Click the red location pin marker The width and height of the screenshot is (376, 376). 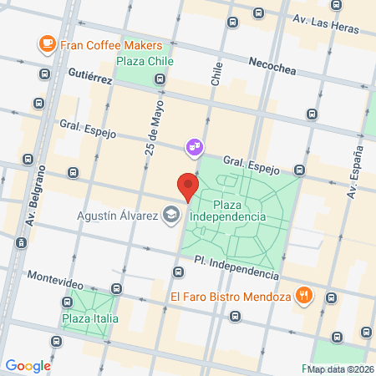click(188, 187)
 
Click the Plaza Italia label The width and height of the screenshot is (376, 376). click(89, 318)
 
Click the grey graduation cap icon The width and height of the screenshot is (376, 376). click(171, 215)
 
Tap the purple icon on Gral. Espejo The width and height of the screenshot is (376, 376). click(194, 147)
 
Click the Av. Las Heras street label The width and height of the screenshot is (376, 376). click(325, 20)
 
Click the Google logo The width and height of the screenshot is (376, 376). click(28, 365)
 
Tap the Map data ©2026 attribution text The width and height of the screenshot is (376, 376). click(341, 369)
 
